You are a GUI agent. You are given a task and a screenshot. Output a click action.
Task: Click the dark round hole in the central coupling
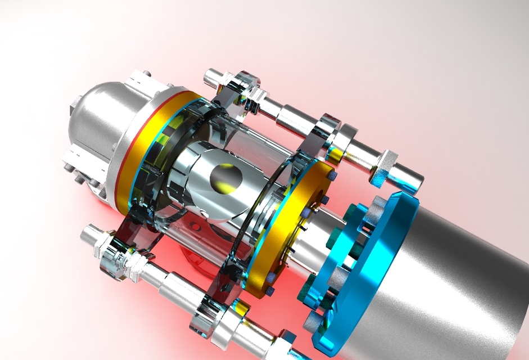pyautogui.click(x=225, y=177)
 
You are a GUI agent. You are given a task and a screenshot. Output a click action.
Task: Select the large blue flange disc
pyautogui.click(x=371, y=264)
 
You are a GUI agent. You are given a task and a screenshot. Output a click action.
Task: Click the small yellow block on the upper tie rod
pyautogui.click(x=336, y=152)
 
